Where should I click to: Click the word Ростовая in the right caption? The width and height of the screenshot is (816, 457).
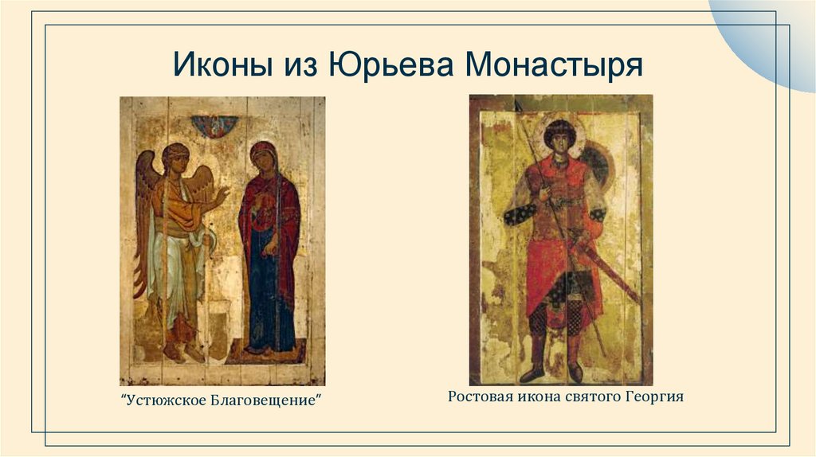coord(478,396)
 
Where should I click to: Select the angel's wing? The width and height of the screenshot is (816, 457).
coord(145,199)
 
